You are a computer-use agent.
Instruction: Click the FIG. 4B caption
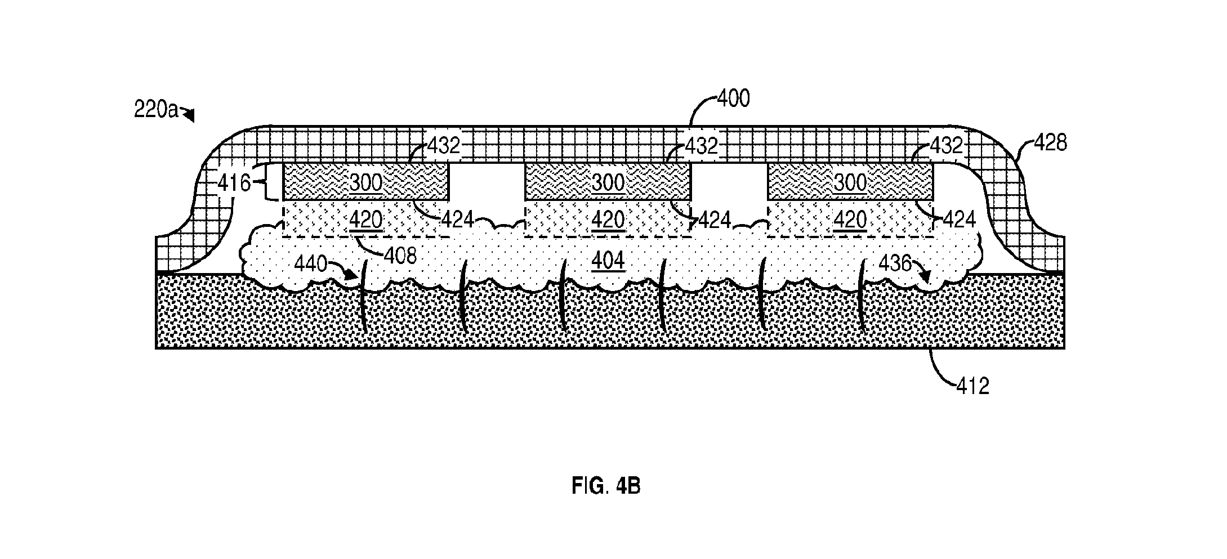[x=606, y=486]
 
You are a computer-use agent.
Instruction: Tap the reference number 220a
[x=156, y=109]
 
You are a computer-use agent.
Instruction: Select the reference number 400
[x=734, y=99]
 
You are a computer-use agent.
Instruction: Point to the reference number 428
[x=1050, y=144]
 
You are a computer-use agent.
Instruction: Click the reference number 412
[x=972, y=386]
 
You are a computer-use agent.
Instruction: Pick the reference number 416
[x=234, y=183]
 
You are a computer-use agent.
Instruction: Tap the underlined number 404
[x=608, y=261]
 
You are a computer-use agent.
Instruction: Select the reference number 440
[x=311, y=263]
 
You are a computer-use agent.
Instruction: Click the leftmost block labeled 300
[x=365, y=181]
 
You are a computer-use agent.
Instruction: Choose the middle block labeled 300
[x=608, y=181]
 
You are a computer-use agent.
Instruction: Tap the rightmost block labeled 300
[x=850, y=181]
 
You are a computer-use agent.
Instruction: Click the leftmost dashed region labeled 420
[x=365, y=218]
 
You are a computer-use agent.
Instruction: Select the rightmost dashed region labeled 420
[x=850, y=218]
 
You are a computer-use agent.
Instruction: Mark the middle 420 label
[x=608, y=219]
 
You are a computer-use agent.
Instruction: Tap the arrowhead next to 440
[x=352, y=275]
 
